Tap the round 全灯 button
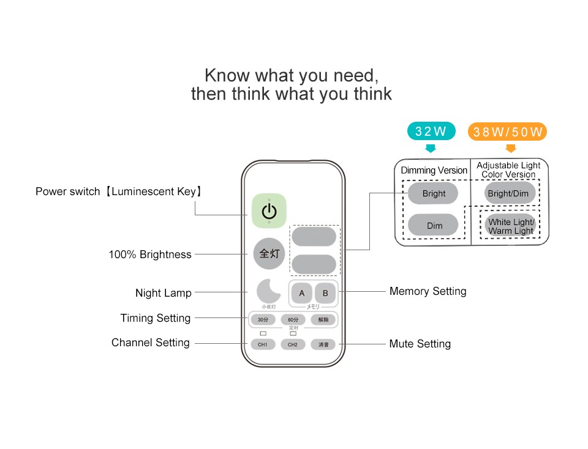click(269, 253)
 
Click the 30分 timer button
click(263, 320)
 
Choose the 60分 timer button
click(293, 320)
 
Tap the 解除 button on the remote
click(323, 320)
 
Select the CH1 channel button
click(263, 344)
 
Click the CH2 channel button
click(293, 344)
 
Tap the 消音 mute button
click(323, 344)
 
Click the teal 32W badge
click(431, 131)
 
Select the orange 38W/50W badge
click(508, 132)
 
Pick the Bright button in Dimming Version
click(434, 193)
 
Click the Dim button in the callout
click(434, 226)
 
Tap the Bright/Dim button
click(508, 193)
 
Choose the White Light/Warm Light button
click(511, 226)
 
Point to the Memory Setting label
click(428, 291)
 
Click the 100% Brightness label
click(150, 254)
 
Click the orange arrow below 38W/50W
click(511, 149)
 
